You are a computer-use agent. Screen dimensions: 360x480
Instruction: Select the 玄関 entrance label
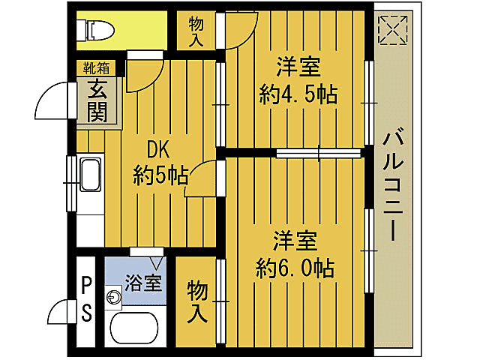96,100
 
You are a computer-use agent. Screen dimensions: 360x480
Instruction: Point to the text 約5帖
160,175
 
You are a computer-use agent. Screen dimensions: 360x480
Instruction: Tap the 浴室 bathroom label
142,283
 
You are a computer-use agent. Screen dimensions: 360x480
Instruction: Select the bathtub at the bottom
134,328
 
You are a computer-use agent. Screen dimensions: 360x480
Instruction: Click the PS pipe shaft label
87,298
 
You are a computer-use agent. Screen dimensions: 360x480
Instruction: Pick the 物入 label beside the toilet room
196,31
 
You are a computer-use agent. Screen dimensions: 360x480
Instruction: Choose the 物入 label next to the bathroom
196,300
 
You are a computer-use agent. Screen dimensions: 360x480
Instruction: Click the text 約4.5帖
297,94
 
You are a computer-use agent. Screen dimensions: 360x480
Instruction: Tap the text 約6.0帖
295,268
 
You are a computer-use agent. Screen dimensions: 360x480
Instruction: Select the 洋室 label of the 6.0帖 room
295,241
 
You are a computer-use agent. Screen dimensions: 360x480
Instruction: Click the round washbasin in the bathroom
113,298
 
